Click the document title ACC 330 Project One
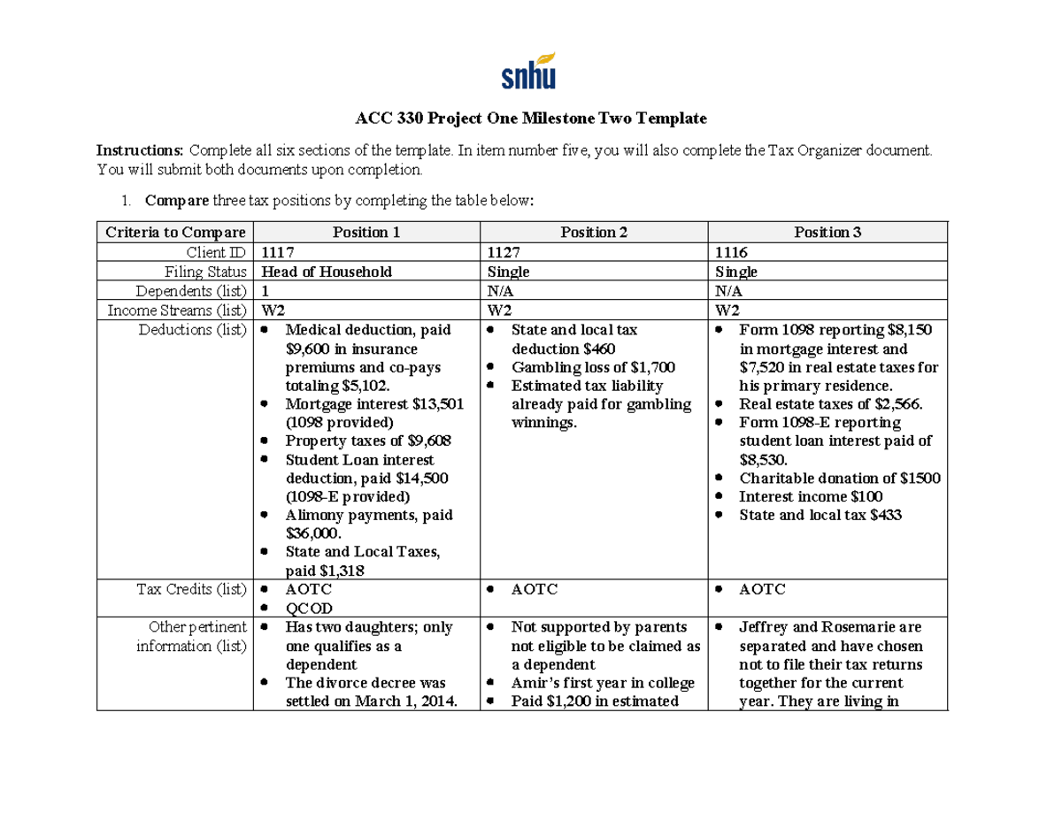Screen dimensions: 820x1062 tap(531, 118)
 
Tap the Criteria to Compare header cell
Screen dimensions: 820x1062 tap(174, 233)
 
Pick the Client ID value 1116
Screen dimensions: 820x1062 tap(732, 252)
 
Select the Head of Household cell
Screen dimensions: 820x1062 tap(325, 272)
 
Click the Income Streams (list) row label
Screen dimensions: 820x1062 tap(177, 310)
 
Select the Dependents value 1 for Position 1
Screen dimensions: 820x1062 tap(263, 291)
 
